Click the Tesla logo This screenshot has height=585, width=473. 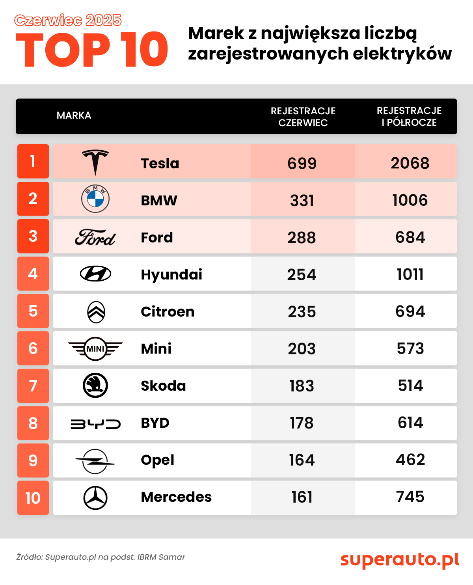(x=95, y=162)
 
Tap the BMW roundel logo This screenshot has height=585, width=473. (x=95, y=199)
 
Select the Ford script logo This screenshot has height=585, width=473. (x=95, y=237)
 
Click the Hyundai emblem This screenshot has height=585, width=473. (x=95, y=274)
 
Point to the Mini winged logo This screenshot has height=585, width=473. (x=95, y=348)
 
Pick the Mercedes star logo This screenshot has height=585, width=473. (x=95, y=497)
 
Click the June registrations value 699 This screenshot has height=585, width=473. (x=302, y=163)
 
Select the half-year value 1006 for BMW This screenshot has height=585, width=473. (x=410, y=200)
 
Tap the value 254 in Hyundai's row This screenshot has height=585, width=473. (x=302, y=275)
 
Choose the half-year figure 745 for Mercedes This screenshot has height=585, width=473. (x=410, y=497)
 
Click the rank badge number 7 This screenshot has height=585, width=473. (x=33, y=386)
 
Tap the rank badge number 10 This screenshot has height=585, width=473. (x=33, y=498)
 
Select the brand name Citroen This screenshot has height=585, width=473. (x=168, y=312)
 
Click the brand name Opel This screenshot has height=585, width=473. (x=157, y=460)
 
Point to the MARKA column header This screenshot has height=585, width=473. (x=74, y=116)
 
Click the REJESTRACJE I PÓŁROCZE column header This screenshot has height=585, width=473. (x=409, y=116)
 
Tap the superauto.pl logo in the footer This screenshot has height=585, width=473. (x=400, y=559)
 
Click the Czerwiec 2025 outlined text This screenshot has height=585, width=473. (x=68, y=20)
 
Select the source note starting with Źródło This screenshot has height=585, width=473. (x=101, y=557)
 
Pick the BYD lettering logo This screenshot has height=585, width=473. (x=95, y=424)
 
